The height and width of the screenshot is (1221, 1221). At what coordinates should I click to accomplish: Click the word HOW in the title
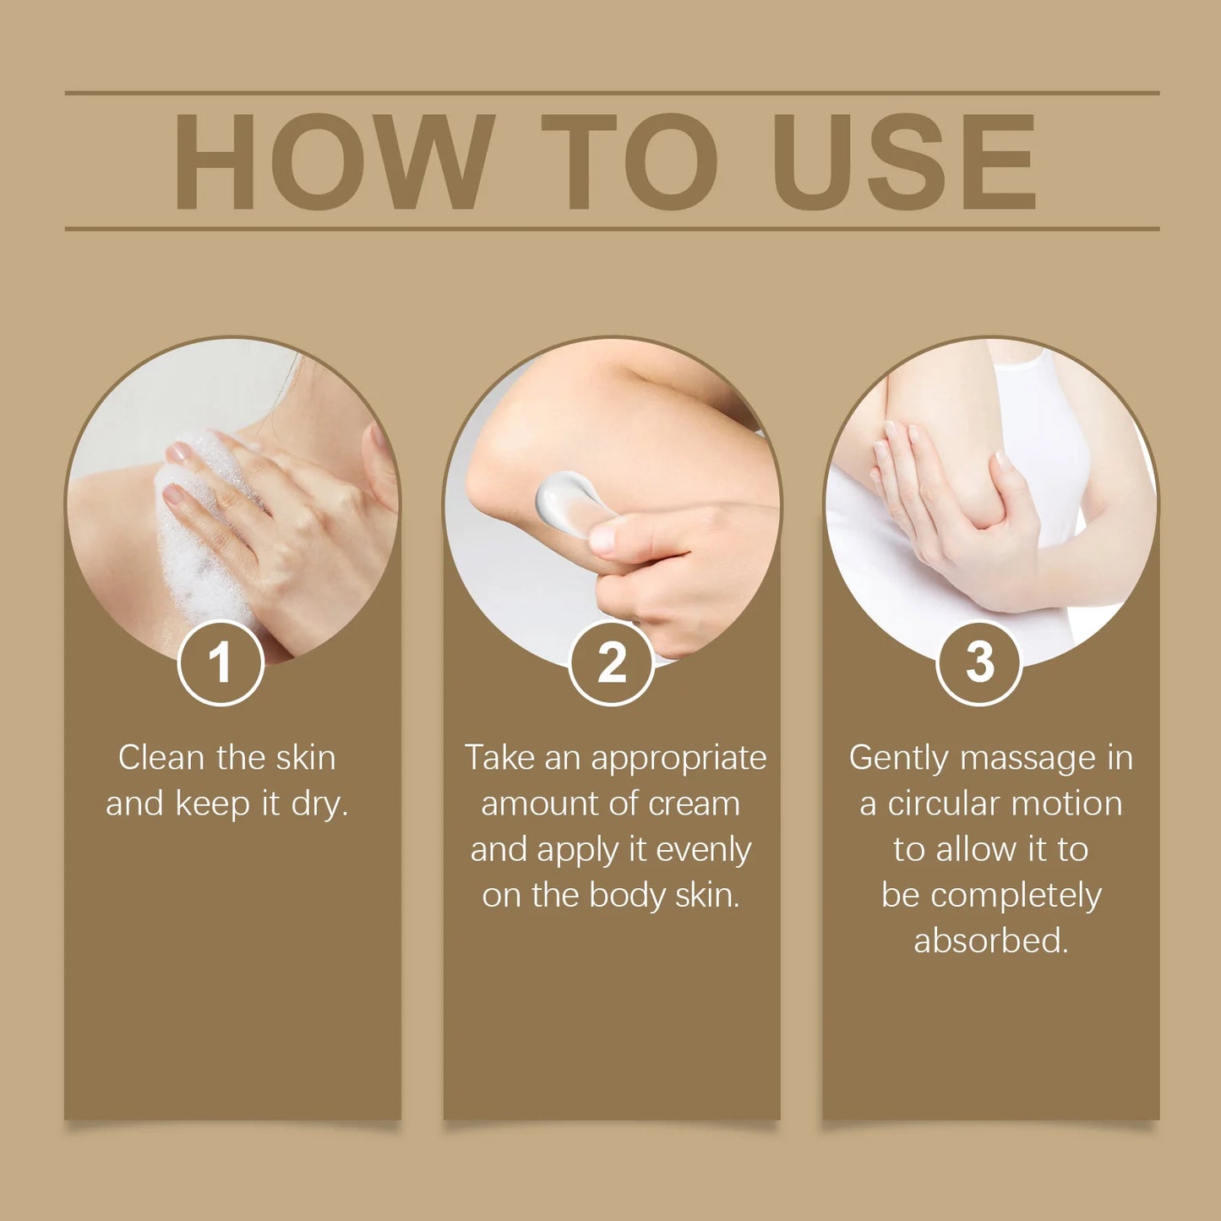pyautogui.click(x=334, y=161)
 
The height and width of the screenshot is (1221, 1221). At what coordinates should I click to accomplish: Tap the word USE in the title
pyautogui.click(x=903, y=161)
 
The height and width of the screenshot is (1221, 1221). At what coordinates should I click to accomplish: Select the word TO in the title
pyautogui.click(x=630, y=161)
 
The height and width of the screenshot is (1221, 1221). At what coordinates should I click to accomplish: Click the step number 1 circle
pyautogui.click(x=221, y=662)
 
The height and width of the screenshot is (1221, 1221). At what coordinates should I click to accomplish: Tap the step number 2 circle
pyautogui.click(x=612, y=662)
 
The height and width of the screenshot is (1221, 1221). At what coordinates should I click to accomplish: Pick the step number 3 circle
pyautogui.click(x=979, y=662)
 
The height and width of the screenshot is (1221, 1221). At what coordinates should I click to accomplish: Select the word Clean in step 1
pyautogui.click(x=161, y=758)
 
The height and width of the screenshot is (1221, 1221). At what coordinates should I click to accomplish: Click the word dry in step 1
pyautogui.click(x=319, y=804)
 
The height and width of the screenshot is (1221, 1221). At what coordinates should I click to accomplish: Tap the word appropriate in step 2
pyautogui.click(x=679, y=758)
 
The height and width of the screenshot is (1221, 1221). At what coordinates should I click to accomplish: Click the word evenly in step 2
pyautogui.click(x=703, y=850)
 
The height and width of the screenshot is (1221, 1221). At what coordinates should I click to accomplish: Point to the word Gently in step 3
pyautogui.click(x=899, y=758)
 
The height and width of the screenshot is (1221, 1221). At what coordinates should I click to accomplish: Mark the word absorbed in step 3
pyautogui.click(x=991, y=940)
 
